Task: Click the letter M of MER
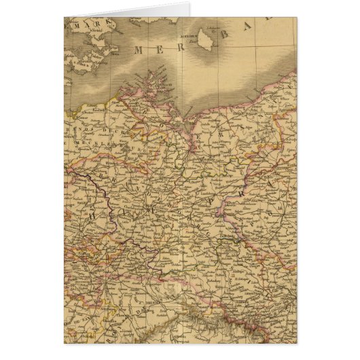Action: (x=140, y=50)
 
